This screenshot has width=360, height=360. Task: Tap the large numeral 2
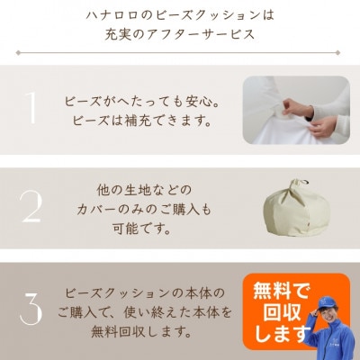(x=31, y=206)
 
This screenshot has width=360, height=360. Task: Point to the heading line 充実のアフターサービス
(x=180, y=36)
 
